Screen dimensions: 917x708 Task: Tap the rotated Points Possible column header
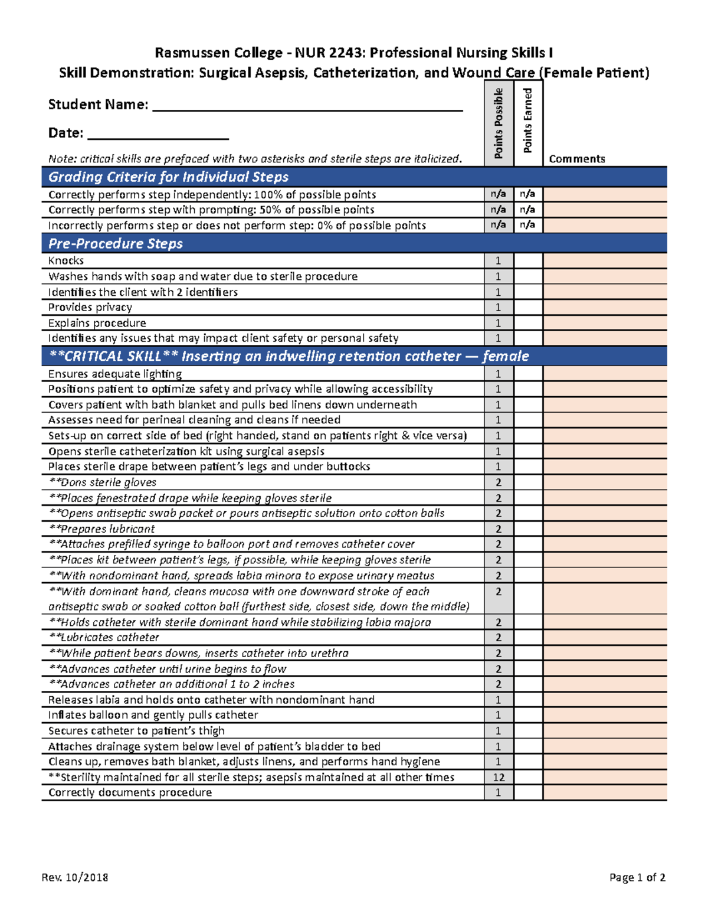(499, 123)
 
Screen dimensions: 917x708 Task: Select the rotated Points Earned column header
(527, 120)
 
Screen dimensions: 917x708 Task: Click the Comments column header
(576, 159)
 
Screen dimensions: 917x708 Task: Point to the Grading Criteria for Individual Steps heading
(168, 177)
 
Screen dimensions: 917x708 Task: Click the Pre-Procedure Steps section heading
(115, 243)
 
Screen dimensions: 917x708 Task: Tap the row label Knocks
(66, 260)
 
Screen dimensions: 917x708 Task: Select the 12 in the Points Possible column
(499, 777)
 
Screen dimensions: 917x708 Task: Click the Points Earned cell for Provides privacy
(528, 307)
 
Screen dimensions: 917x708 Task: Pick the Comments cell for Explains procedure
(605, 323)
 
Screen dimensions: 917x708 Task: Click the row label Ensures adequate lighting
(114, 374)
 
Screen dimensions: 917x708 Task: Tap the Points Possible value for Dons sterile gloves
(499, 482)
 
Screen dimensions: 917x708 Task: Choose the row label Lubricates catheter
(104, 638)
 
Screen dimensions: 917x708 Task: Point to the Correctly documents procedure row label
(130, 792)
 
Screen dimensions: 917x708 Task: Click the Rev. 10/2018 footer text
(74, 877)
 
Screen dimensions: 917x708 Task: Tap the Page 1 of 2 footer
(637, 877)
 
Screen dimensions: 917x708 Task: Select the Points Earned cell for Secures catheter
(528, 730)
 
